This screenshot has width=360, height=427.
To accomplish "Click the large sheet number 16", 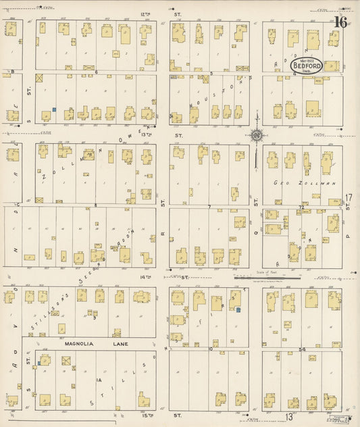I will pyautogui.click(x=340, y=22).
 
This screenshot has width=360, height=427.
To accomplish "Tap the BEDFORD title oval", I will pyautogui.click(x=306, y=67).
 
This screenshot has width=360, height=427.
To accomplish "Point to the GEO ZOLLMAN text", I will pyautogui.click(x=294, y=183).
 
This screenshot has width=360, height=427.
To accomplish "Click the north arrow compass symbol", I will pyautogui.click(x=257, y=136).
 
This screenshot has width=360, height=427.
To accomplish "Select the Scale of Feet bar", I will pyautogui.click(x=257, y=276).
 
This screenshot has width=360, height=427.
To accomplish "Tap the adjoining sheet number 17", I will pyautogui.click(x=349, y=198).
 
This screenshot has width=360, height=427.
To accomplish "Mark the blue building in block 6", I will pyautogui.click(x=53, y=109).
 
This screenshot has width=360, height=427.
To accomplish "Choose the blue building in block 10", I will pyautogui.click(x=238, y=310).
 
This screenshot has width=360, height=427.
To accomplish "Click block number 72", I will pyautogui.click(x=301, y=205).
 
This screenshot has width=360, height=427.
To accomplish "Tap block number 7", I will pyautogui.click(x=210, y=205).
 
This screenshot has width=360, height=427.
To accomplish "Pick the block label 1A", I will pyautogui.click(x=99, y=381).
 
